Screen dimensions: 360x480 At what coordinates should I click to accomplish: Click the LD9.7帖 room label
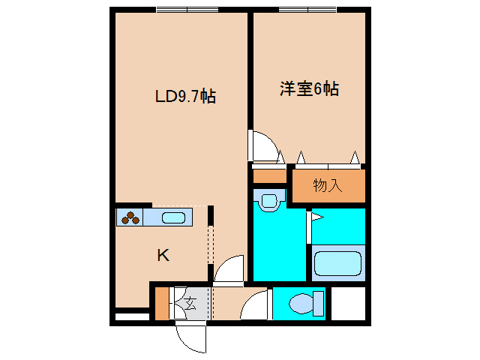click(x=185, y=97)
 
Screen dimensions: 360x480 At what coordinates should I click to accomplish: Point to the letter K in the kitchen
click(x=163, y=256)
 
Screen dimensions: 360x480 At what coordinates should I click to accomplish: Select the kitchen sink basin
click(x=173, y=218)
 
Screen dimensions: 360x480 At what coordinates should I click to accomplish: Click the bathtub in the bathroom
click(x=337, y=265)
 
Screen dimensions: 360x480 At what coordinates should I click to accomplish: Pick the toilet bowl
click(x=304, y=304)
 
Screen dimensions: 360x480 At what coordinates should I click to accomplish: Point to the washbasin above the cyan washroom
click(x=268, y=199)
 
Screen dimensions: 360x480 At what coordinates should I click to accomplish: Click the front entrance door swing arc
click(x=188, y=337)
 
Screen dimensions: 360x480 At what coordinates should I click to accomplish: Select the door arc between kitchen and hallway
click(x=229, y=268)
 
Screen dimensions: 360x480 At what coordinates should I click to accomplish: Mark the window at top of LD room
click(x=187, y=10)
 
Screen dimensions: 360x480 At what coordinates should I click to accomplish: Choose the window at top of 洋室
click(x=308, y=10)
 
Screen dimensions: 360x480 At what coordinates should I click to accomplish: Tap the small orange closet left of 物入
click(x=269, y=177)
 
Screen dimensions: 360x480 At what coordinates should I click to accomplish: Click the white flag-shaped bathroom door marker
click(x=316, y=218)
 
